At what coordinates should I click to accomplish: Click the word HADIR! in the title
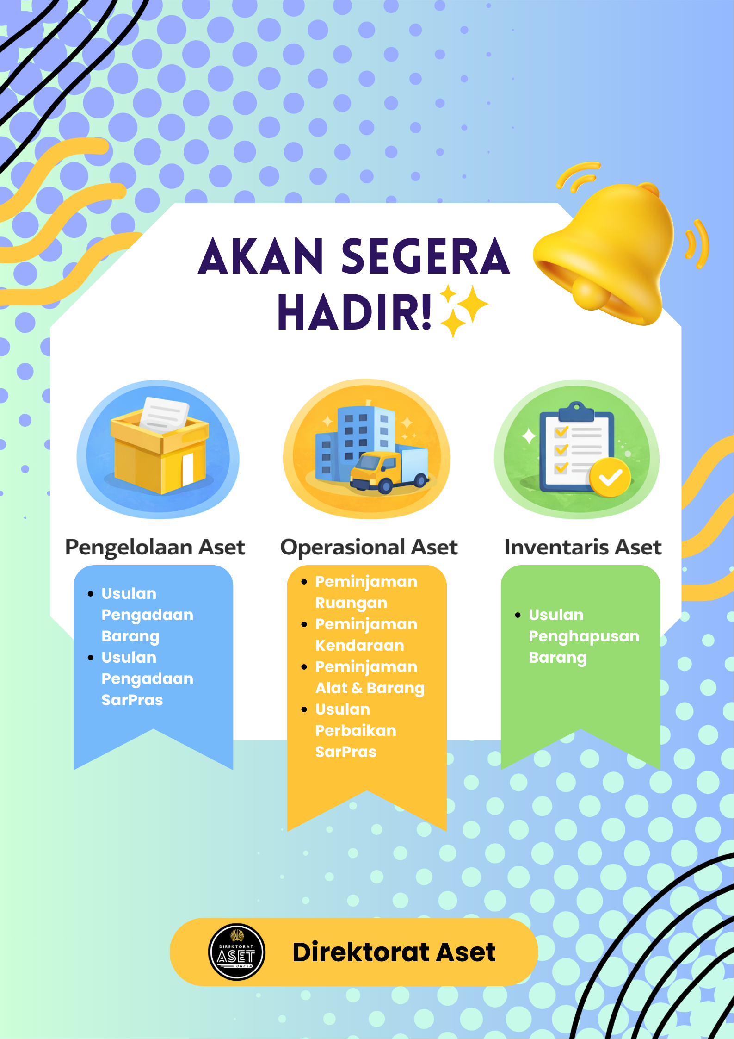354,312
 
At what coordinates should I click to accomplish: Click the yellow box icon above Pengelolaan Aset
160,451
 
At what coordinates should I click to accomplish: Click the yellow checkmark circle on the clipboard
610,478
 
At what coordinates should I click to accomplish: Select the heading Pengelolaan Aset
155,547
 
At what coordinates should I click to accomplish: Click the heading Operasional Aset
369,547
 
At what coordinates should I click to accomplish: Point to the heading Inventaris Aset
583,547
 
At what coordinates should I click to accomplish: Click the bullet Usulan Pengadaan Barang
147,615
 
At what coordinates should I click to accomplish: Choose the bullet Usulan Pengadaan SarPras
147,678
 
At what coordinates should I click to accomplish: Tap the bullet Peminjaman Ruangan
365,592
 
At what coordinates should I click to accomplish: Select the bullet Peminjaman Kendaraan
365,635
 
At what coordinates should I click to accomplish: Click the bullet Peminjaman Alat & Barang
369,677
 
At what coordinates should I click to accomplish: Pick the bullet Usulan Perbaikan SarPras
355,730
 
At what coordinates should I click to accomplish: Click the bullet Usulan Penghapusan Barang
583,636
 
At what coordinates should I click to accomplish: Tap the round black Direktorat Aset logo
237,952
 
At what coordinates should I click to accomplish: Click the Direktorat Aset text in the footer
394,952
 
